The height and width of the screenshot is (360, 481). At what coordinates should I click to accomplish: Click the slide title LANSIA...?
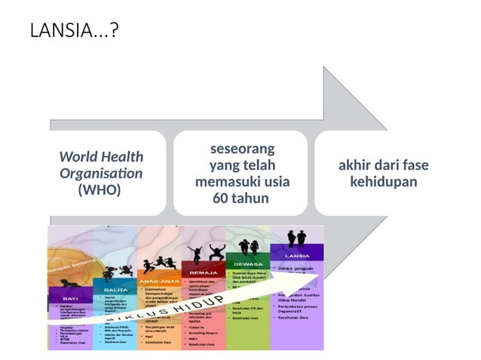tap(74, 31)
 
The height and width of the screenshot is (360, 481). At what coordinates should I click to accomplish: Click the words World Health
tap(101, 157)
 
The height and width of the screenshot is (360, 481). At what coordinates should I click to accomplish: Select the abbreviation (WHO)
tap(100, 190)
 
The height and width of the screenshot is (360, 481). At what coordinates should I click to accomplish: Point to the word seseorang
tap(242, 148)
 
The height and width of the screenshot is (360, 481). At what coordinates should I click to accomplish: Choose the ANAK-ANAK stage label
tap(159, 280)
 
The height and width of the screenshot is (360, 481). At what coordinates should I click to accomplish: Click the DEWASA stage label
tap(248, 264)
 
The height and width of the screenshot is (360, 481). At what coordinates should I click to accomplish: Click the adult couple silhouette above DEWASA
tap(249, 247)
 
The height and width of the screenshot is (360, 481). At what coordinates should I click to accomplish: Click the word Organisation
tap(101, 173)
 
